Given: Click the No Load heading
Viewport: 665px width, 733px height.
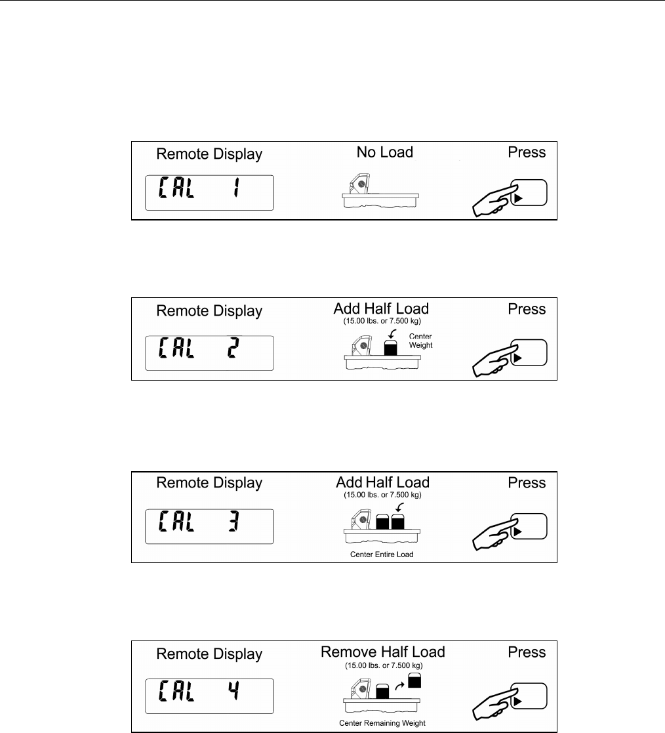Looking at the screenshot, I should [x=385, y=152].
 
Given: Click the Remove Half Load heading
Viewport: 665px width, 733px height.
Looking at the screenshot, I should [x=382, y=652].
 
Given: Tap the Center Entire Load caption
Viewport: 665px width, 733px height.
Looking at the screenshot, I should [x=382, y=555].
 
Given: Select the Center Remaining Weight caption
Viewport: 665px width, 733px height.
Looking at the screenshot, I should [x=382, y=723].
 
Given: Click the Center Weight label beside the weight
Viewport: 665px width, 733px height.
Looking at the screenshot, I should [x=421, y=341].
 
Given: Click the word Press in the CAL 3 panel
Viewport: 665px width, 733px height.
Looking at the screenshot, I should [x=527, y=483].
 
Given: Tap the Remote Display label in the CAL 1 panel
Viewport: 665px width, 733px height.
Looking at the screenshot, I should [x=209, y=154].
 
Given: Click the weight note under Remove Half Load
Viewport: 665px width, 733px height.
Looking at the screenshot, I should [x=382, y=665].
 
